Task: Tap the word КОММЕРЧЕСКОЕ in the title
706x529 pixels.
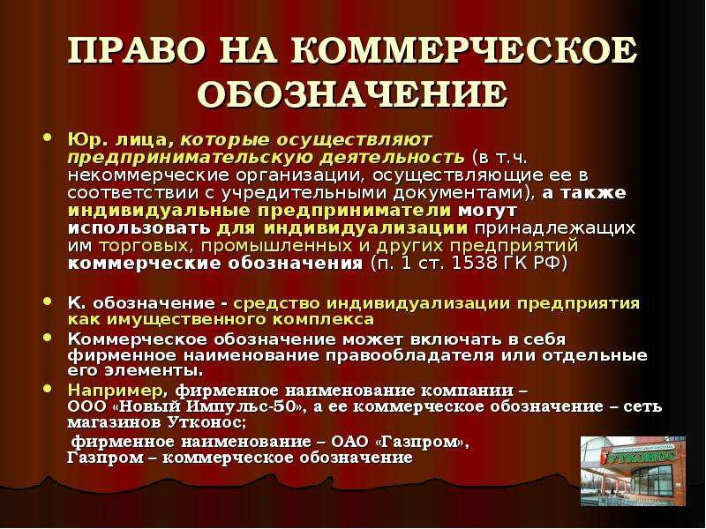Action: [x=464, y=50]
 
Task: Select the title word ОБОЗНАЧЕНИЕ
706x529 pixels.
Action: [x=352, y=94]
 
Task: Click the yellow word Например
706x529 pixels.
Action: [x=116, y=391]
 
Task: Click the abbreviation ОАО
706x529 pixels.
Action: [x=349, y=442]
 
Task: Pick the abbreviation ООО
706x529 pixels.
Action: [x=86, y=406]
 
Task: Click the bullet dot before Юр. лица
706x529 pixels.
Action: [x=48, y=138]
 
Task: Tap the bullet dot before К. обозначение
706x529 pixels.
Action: [x=48, y=302]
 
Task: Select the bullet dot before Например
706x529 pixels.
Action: [x=48, y=388]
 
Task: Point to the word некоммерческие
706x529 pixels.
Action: [x=148, y=175]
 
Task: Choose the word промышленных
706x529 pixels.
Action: [x=276, y=246]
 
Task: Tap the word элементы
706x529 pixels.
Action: [x=154, y=371]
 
